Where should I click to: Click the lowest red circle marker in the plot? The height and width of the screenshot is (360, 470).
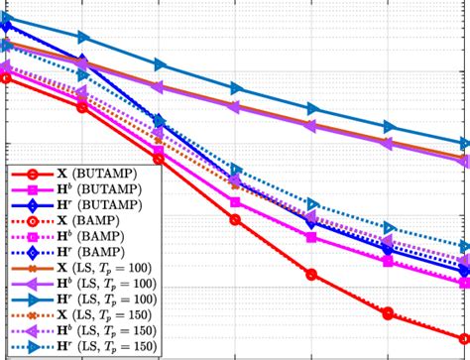click(x=464, y=337)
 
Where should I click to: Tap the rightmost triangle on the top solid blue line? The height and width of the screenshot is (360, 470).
click(x=464, y=144)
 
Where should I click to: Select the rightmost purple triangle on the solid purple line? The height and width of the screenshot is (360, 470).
click(x=464, y=161)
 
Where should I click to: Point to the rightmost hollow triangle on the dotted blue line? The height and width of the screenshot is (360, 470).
click(x=464, y=247)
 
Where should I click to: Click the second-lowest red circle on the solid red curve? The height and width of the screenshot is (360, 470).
click(x=388, y=313)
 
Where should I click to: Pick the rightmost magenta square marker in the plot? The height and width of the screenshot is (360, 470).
click(x=464, y=284)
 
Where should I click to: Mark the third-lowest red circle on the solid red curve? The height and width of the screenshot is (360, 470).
click(x=311, y=275)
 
